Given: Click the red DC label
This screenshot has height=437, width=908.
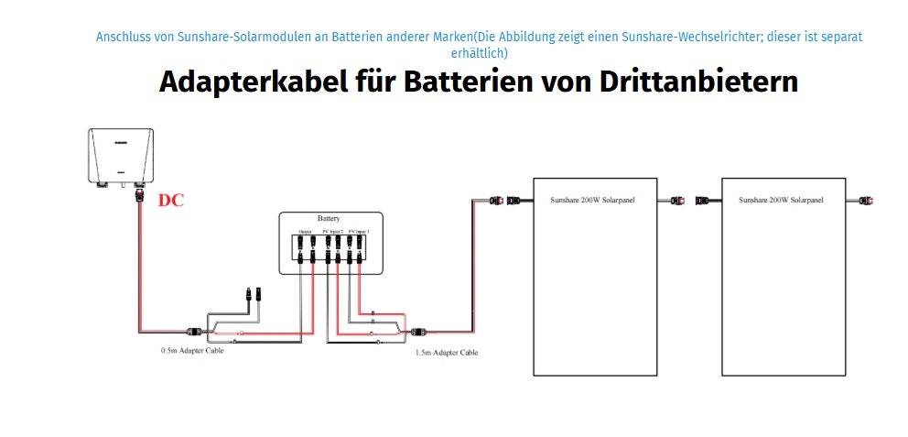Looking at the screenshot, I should coord(171,200).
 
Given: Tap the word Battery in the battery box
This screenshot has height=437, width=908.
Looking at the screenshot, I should coord(329,219).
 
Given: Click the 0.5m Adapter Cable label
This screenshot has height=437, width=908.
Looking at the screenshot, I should coord(192,351).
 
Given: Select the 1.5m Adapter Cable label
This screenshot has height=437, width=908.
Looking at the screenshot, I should coord(446,352).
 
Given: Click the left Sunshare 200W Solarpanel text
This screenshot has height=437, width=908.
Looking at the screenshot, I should coord(592,199).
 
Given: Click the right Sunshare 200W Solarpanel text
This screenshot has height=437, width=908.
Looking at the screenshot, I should coord(781,199).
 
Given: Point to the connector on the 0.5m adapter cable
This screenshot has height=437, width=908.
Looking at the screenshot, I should coord(194,331).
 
